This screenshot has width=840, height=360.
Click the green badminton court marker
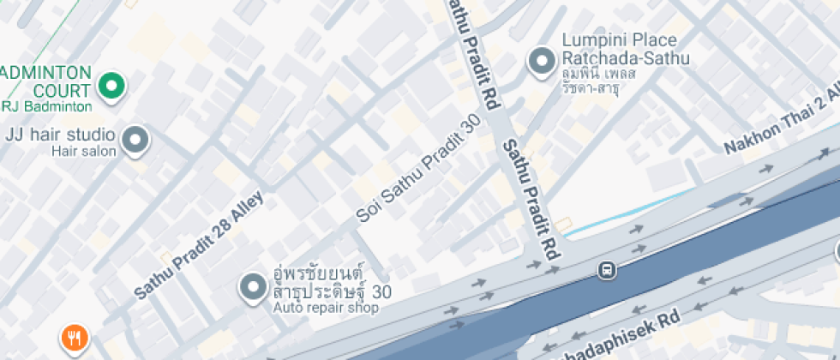pyautogui.click(x=111, y=86)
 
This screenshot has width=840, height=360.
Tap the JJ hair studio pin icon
pyautogui.click(x=135, y=141)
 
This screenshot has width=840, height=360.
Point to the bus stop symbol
pyautogui.click(x=607, y=271)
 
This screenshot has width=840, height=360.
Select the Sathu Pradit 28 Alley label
pyautogui.click(x=199, y=246)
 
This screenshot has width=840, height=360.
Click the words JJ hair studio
pyautogui.click(x=60, y=135)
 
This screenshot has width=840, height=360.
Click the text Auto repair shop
pyautogui.click(x=326, y=308)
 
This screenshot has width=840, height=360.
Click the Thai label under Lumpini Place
pyautogui.click(x=611, y=81)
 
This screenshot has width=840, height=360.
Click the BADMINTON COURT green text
pyautogui.click(x=46, y=81)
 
